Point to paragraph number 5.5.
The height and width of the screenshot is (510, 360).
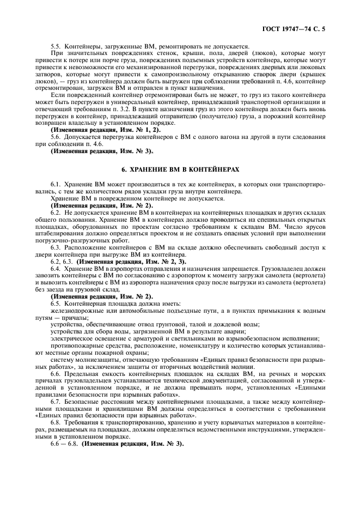point(56,46)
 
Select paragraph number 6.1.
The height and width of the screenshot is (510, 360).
point(56,185)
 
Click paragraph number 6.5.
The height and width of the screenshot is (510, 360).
point(56,303)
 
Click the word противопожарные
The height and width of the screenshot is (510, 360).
point(75,345)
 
